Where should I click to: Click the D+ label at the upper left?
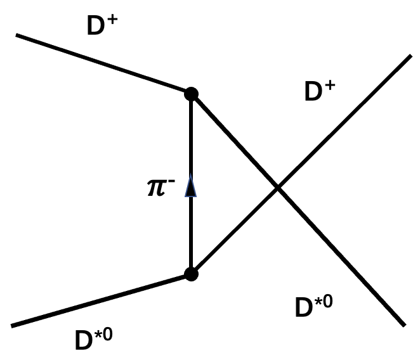coord(105,26)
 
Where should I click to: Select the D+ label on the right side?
coord(320,92)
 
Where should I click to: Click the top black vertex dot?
coord(190,94)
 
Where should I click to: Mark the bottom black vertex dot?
coord(190,274)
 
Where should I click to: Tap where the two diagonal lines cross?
coord(277,187)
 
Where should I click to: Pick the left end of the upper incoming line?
coord(18,35)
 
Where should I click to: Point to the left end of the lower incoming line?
coord(13,326)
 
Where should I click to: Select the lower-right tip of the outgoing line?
coord(404,325)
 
